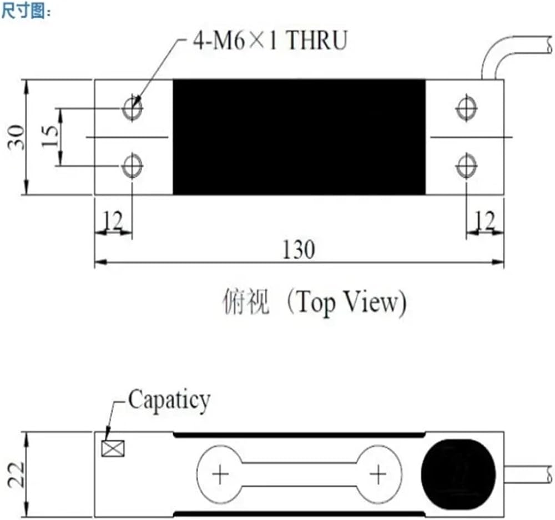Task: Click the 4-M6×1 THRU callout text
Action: point(270,40)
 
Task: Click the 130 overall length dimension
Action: point(299,250)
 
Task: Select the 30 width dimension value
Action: point(17,137)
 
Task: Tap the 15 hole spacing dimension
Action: point(50,137)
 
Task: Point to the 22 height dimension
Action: point(17,474)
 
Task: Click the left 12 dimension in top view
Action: point(113,221)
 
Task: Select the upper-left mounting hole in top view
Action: point(132,108)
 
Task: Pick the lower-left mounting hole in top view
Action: point(132,166)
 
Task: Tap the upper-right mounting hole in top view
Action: point(466,108)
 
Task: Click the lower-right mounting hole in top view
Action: point(466,166)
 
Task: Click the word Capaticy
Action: point(169,400)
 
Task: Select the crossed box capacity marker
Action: point(113,448)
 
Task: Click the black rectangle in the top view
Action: point(299,137)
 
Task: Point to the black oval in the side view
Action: point(458,474)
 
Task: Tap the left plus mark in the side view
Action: point(220,474)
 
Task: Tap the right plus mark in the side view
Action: point(378,474)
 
